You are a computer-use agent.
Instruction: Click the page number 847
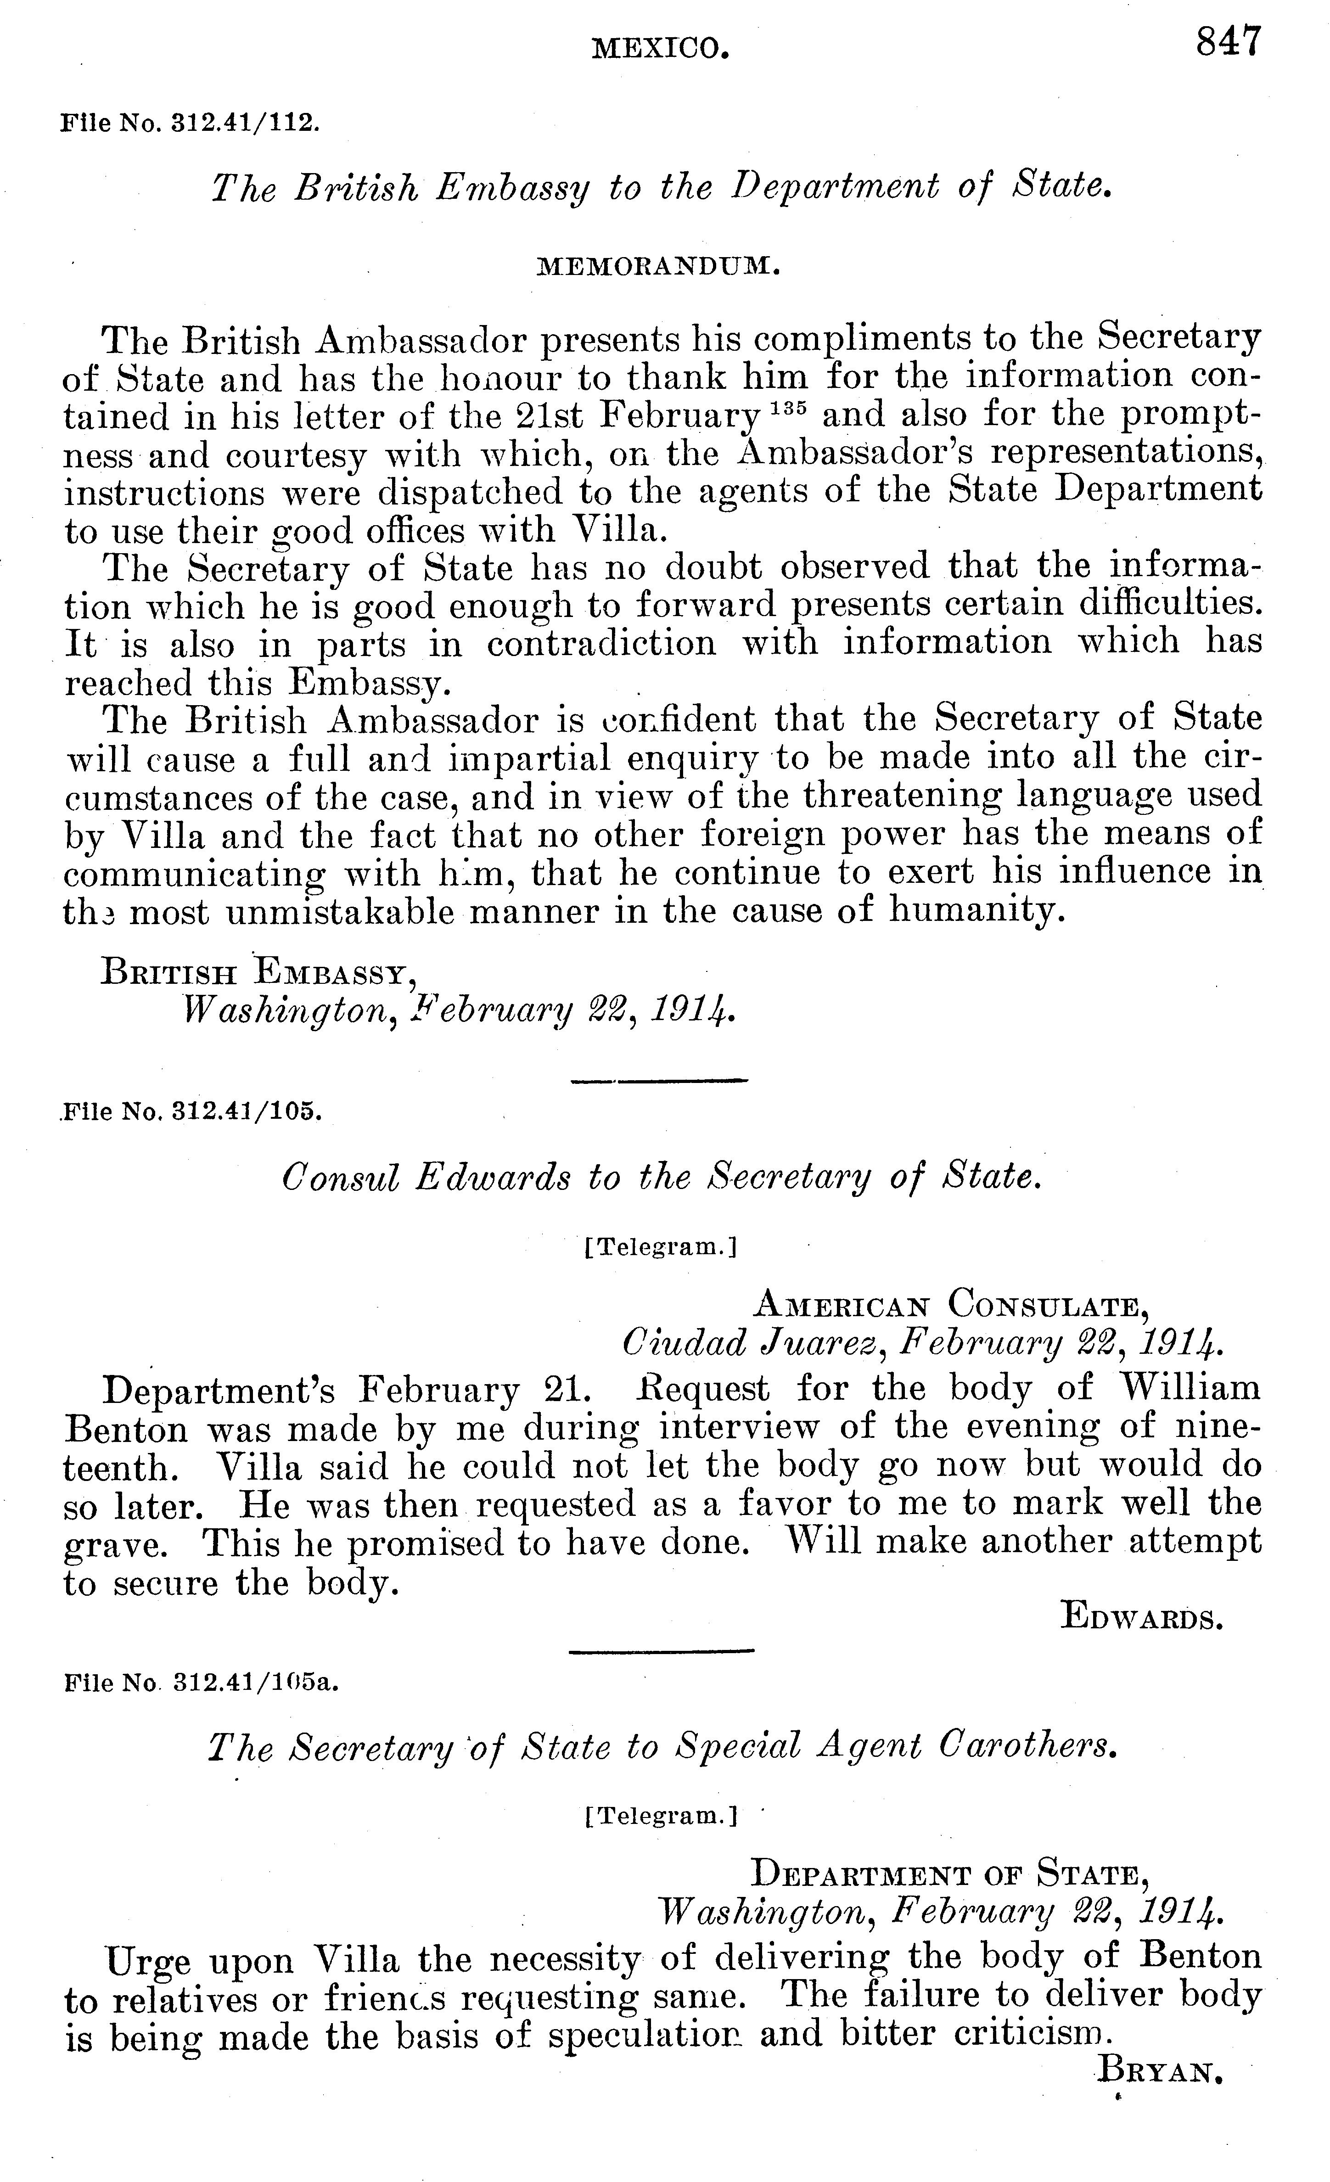click(1228, 42)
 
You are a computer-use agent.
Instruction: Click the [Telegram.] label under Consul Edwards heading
click(661, 1248)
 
